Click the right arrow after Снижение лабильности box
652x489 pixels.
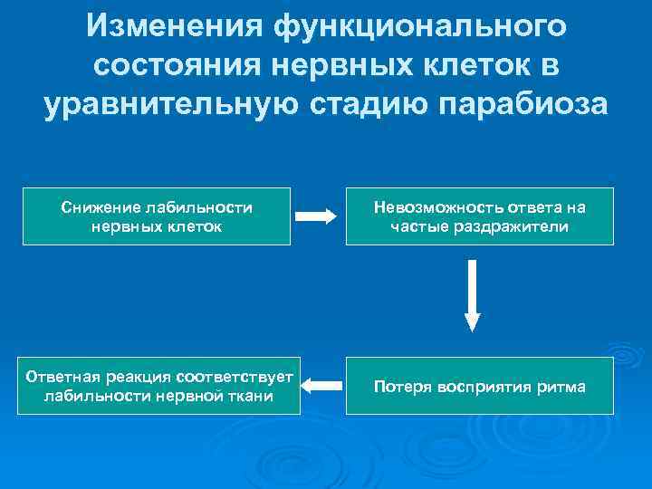(317, 216)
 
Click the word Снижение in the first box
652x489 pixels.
(96, 207)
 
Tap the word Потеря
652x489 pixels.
(398, 387)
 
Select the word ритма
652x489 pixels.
(562, 387)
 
